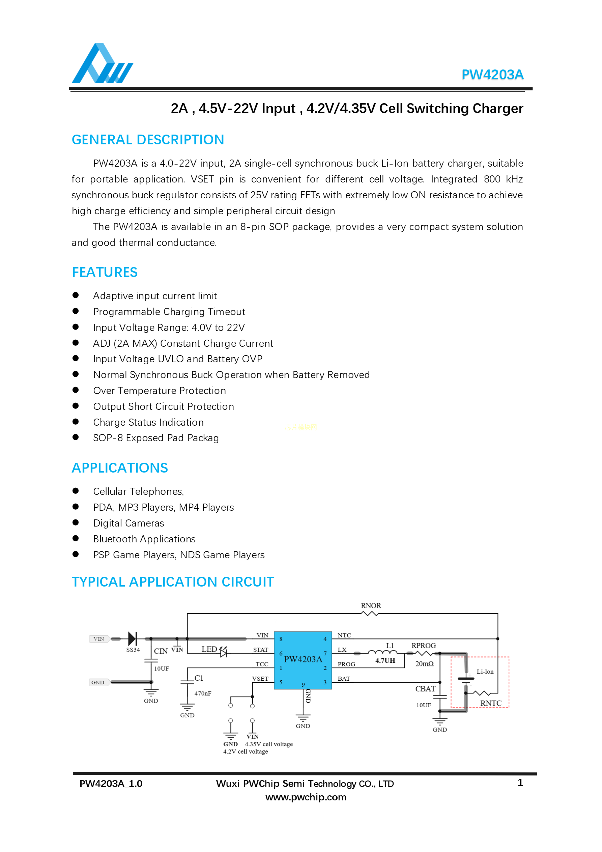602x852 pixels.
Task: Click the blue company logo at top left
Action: (x=102, y=64)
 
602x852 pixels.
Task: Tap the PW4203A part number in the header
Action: (x=492, y=75)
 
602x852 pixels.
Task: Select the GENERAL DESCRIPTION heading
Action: (x=148, y=140)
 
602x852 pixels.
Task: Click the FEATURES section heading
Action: (x=105, y=273)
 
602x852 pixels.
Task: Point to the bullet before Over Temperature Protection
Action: (x=76, y=390)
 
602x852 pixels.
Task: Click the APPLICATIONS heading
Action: (x=119, y=468)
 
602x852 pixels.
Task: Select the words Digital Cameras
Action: (x=128, y=523)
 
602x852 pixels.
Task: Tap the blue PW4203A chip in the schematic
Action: (x=303, y=660)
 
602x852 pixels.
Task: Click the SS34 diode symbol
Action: (x=133, y=639)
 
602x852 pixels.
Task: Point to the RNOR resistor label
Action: (x=371, y=605)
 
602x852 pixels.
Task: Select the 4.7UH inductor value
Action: (x=385, y=660)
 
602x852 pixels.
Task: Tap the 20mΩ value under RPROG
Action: (x=424, y=664)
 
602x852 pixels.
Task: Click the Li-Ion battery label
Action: (x=485, y=672)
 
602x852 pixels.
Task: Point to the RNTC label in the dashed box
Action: (x=491, y=703)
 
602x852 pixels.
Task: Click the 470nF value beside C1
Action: (x=203, y=693)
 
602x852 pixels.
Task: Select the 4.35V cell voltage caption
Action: (x=269, y=744)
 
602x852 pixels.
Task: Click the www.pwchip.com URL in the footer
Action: (x=306, y=797)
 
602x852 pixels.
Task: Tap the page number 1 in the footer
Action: (x=520, y=783)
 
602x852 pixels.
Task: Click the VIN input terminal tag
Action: (x=99, y=639)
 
